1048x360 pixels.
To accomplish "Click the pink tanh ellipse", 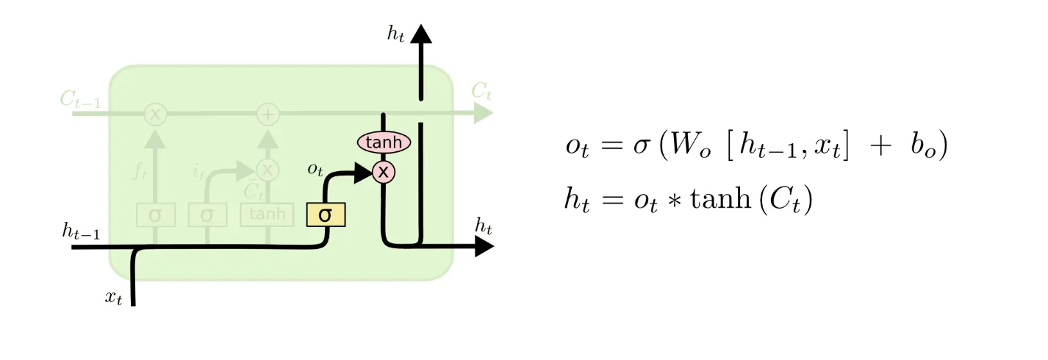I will point(384,142).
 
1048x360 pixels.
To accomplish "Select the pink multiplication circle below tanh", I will point(383,172).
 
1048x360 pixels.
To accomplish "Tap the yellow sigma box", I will point(325,215).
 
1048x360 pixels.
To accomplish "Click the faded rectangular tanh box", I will point(266,215).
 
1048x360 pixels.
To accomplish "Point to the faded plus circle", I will point(268,114).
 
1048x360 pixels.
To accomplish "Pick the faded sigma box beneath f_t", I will point(155,215).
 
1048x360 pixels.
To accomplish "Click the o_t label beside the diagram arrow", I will point(315,169).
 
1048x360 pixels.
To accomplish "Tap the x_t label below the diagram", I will point(112,297).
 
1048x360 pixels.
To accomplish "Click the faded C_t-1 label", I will point(80,101).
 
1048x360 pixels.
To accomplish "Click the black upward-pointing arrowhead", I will point(421,34).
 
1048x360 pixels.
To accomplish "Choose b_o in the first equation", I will point(923,146).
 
